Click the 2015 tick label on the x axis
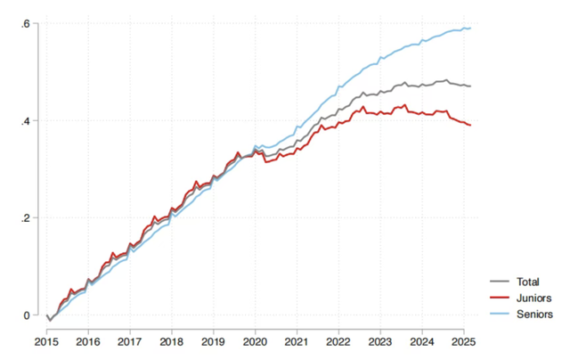(x=46, y=341)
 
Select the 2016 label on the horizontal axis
(x=88, y=341)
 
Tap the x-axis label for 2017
(x=130, y=341)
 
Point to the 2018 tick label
(x=172, y=341)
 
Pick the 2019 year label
(x=213, y=341)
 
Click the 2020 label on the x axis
(x=255, y=341)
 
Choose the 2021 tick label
(x=297, y=341)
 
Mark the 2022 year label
(x=338, y=341)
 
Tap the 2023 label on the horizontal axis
(x=379, y=341)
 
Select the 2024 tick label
(x=421, y=341)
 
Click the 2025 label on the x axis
(x=463, y=341)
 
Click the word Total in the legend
(x=529, y=282)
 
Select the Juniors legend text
(x=533, y=299)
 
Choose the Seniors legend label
(x=534, y=315)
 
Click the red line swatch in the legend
(x=501, y=299)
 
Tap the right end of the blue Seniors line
(x=471, y=29)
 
